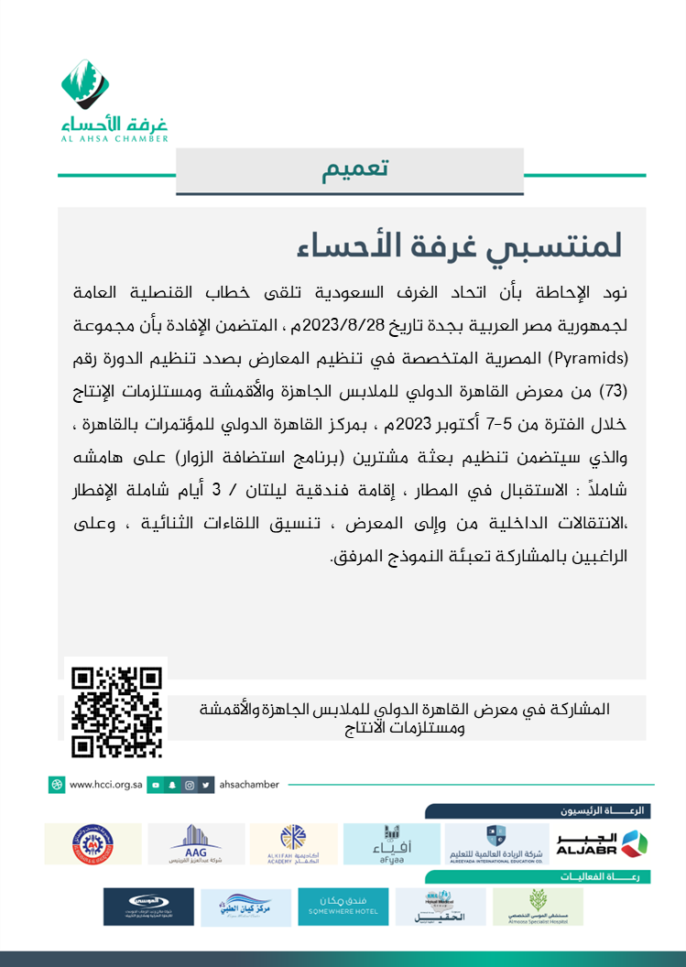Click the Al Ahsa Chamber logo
coord(114,102)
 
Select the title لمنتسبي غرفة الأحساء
coord(461,245)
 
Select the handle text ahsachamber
coord(252,785)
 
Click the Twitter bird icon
coord(207,785)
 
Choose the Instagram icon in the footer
coord(190,785)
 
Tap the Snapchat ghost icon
coord(173,785)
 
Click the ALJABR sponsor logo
coord(601,843)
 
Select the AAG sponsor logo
coord(196,843)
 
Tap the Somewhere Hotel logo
coord(343,907)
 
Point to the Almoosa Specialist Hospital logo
coord(538,907)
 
